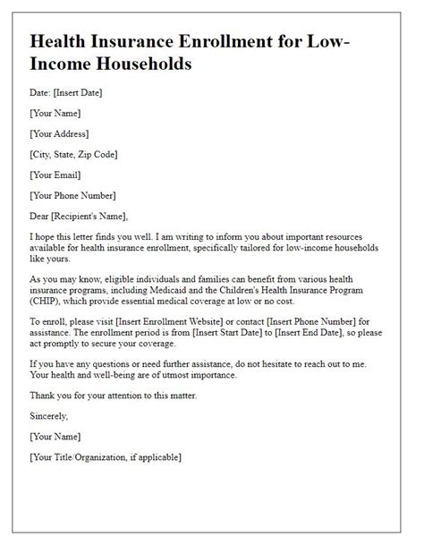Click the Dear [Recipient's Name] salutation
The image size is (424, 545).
[x=80, y=215]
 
